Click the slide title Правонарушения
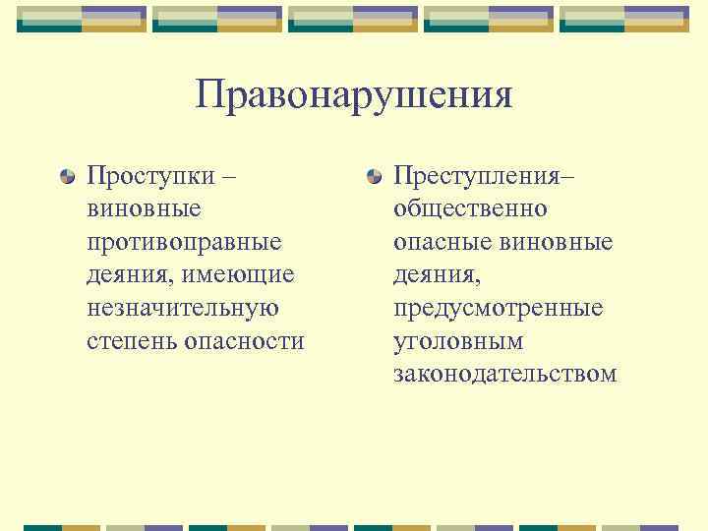coord(354,96)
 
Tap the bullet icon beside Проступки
coord(66,177)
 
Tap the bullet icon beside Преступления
coord(374,177)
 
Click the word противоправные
coord(184,242)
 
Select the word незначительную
coord(183,308)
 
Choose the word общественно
coord(471,209)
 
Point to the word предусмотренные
coord(498,308)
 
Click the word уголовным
coord(458,341)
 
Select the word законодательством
coord(504,374)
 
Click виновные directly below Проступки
coord(144,209)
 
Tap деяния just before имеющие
coord(127,275)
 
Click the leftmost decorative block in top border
coord(82,19)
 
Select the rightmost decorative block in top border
coord(624,19)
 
